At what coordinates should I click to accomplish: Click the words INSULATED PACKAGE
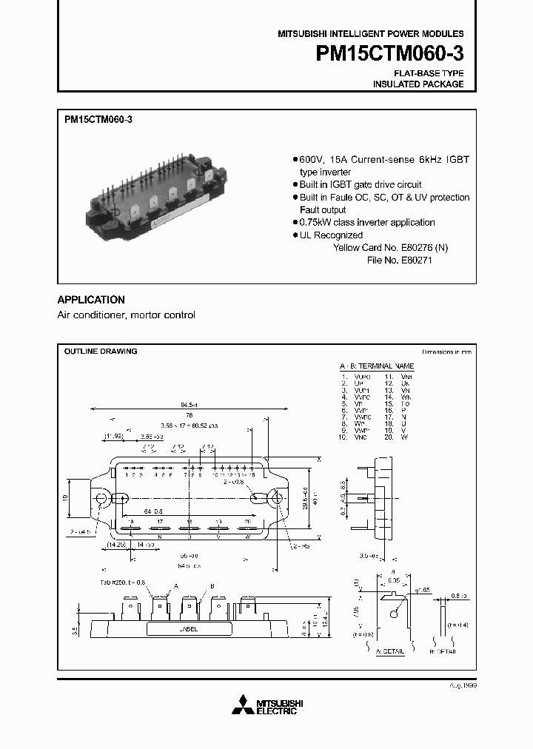[418, 84]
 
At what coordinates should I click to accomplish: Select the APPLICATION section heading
[91, 300]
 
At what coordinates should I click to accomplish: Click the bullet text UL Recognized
[330, 235]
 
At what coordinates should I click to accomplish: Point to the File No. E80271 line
[399, 261]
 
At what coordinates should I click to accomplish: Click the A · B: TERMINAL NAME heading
[377, 366]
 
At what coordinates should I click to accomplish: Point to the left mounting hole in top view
[101, 497]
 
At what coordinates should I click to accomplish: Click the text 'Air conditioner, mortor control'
[127, 315]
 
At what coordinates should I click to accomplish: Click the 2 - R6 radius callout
[300, 546]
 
